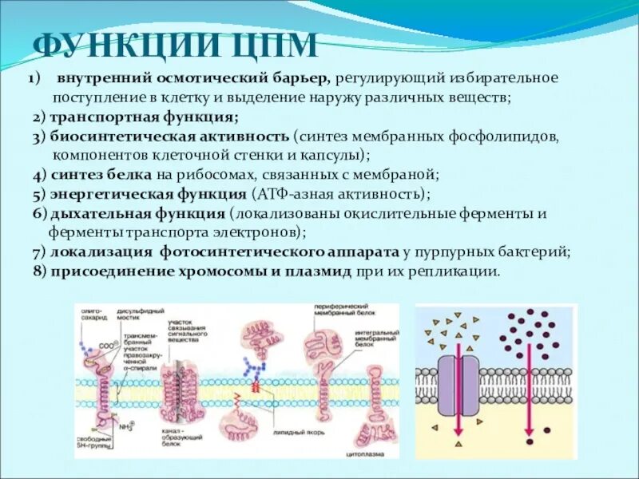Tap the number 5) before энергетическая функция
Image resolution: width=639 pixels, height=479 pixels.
39,194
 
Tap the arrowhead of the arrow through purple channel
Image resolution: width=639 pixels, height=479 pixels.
459,443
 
